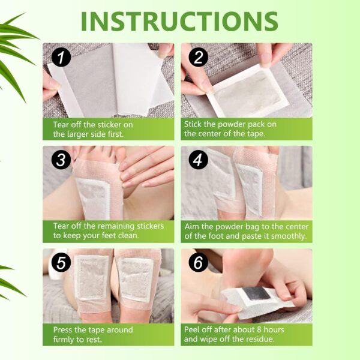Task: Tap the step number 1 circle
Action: click(x=61, y=58)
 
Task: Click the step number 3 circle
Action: click(x=61, y=160)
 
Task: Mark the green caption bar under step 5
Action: click(x=108, y=335)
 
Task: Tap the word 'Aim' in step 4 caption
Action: click(x=192, y=227)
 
